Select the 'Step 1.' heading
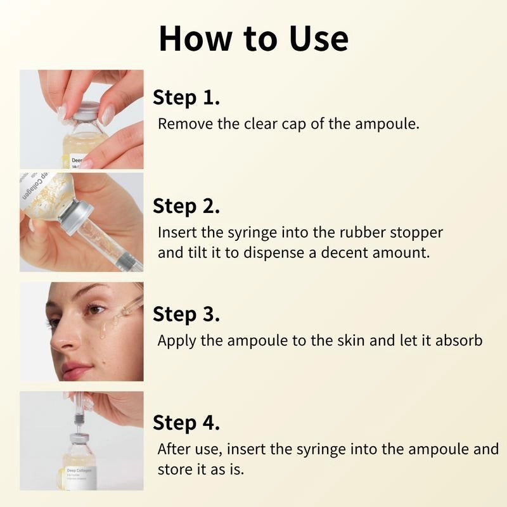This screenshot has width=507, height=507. pyautogui.click(x=186, y=98)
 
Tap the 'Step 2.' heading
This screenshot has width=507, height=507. pyautogui.click(x=186, y=207)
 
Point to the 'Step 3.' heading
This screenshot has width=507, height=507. pyautogui.click(x=186, y=314)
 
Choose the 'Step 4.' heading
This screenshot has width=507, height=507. pyautogui.click(x=186, y=423)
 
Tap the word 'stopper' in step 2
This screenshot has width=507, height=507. pyautogui.click(x=417, y=233)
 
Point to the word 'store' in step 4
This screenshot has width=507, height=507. pyautogui.click(x=176, y=470)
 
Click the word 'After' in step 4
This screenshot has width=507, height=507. pyautogui.click(x=174, y=449)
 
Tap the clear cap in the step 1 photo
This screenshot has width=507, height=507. pyautogui.click(x=85, y=109)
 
